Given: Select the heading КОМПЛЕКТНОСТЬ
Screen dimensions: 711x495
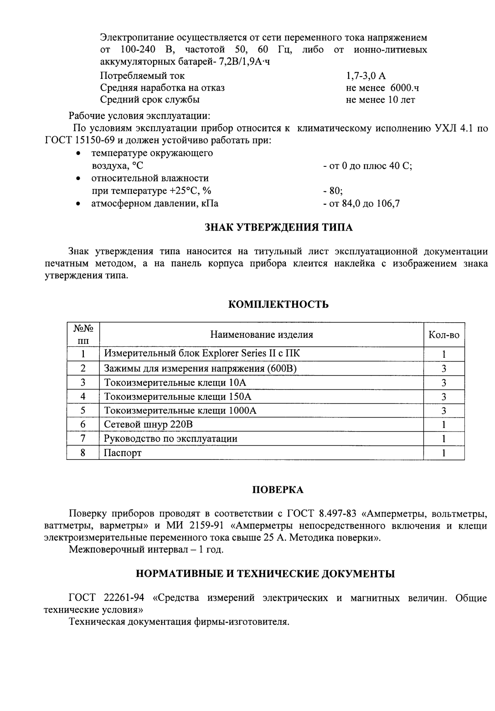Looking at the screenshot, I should tap(278, 304).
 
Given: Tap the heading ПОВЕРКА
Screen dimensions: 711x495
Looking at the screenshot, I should tap(278, 490).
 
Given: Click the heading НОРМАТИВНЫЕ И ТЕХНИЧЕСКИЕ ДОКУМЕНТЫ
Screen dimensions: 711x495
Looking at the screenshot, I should tap(266, 574).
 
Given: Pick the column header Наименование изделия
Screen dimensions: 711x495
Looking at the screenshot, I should tap(261, 335).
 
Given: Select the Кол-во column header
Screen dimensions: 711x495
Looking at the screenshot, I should tap(443, 335).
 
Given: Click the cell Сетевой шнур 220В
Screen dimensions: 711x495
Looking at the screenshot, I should tap(149, 424).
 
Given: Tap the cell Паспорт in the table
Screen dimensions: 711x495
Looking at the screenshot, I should tap(123, 453).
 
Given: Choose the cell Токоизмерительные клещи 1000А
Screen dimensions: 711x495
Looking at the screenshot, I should tap(180, 410).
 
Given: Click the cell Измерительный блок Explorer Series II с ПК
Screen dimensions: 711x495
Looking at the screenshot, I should tap(202, 353).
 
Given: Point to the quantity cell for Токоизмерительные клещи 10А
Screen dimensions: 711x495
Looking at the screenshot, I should tap(443, 382).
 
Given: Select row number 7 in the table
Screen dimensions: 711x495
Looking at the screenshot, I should tap(83, 438).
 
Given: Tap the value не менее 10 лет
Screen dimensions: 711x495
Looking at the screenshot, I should tap(380, 99).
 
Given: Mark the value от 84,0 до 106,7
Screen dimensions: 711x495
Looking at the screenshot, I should tap(361, 204).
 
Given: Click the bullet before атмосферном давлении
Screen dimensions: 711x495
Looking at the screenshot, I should tap(79, 204).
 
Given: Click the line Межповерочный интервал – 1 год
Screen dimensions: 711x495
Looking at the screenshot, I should tap(146, 549).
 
